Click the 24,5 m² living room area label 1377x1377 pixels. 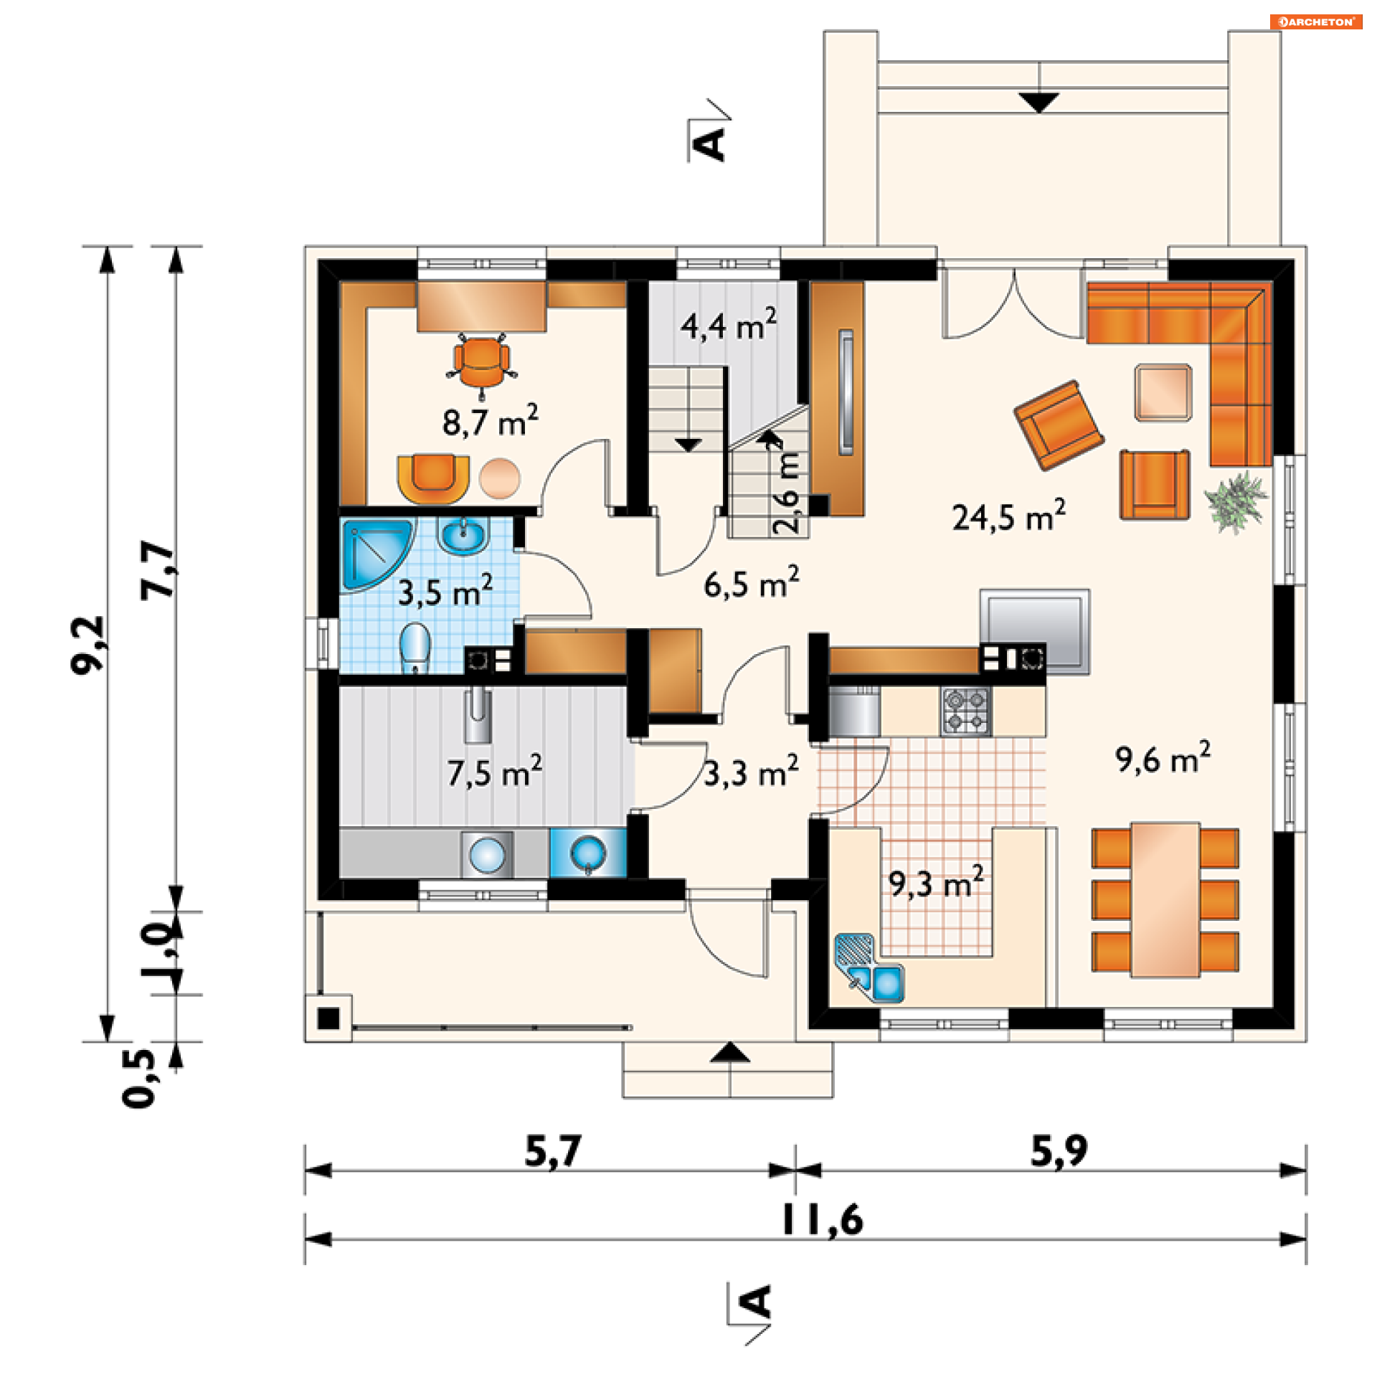tap(1008, 516)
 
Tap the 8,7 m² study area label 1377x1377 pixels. tap(490, 421)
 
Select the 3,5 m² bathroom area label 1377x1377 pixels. tap(445, 591)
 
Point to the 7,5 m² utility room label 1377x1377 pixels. tap(494, 772)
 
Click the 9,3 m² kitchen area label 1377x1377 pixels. tap(936, 883)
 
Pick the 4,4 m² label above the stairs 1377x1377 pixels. tap(728, 325)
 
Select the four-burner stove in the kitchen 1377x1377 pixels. tap(966, 711)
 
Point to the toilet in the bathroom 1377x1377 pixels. tap(415, 648)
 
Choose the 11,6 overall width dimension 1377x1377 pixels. tap(822, 1220)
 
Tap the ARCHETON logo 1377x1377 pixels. tap(1316, 22)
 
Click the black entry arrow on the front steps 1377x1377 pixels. tap(730, 1052)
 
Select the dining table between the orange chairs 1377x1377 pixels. tap(1165, 900)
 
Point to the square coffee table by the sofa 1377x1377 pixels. tap(1163, 392)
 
